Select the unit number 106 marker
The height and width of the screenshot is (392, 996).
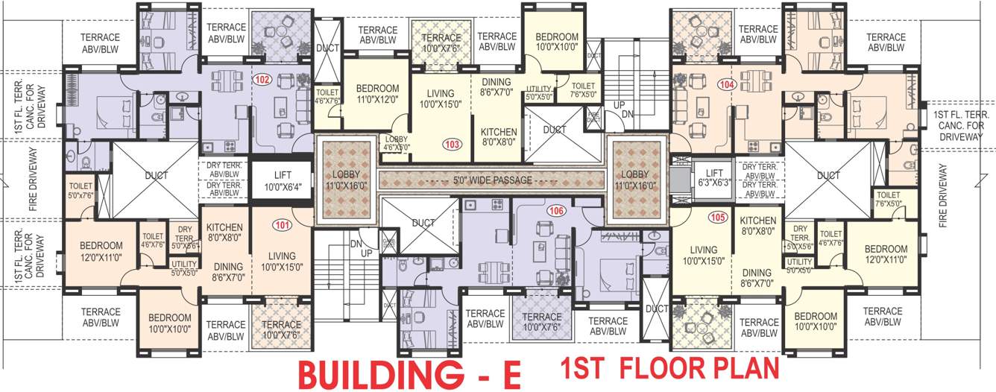pyautogui.click(x=555, y=211)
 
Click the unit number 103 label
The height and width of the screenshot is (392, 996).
pyautogui.click(x=451, y=144)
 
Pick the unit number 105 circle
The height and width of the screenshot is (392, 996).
pyautogui.click(x=717, y=218)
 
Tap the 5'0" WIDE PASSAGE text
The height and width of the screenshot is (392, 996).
pyautogui.click(x=492, y=180)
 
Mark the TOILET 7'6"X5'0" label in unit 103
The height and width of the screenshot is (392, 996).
pyautogui.click(x=584, y=90)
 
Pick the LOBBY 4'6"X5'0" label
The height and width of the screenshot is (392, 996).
pyautogui.click(x=396, y=143)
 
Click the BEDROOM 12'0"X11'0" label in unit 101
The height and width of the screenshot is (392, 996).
pyautogui.click(x=101, y=251)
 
